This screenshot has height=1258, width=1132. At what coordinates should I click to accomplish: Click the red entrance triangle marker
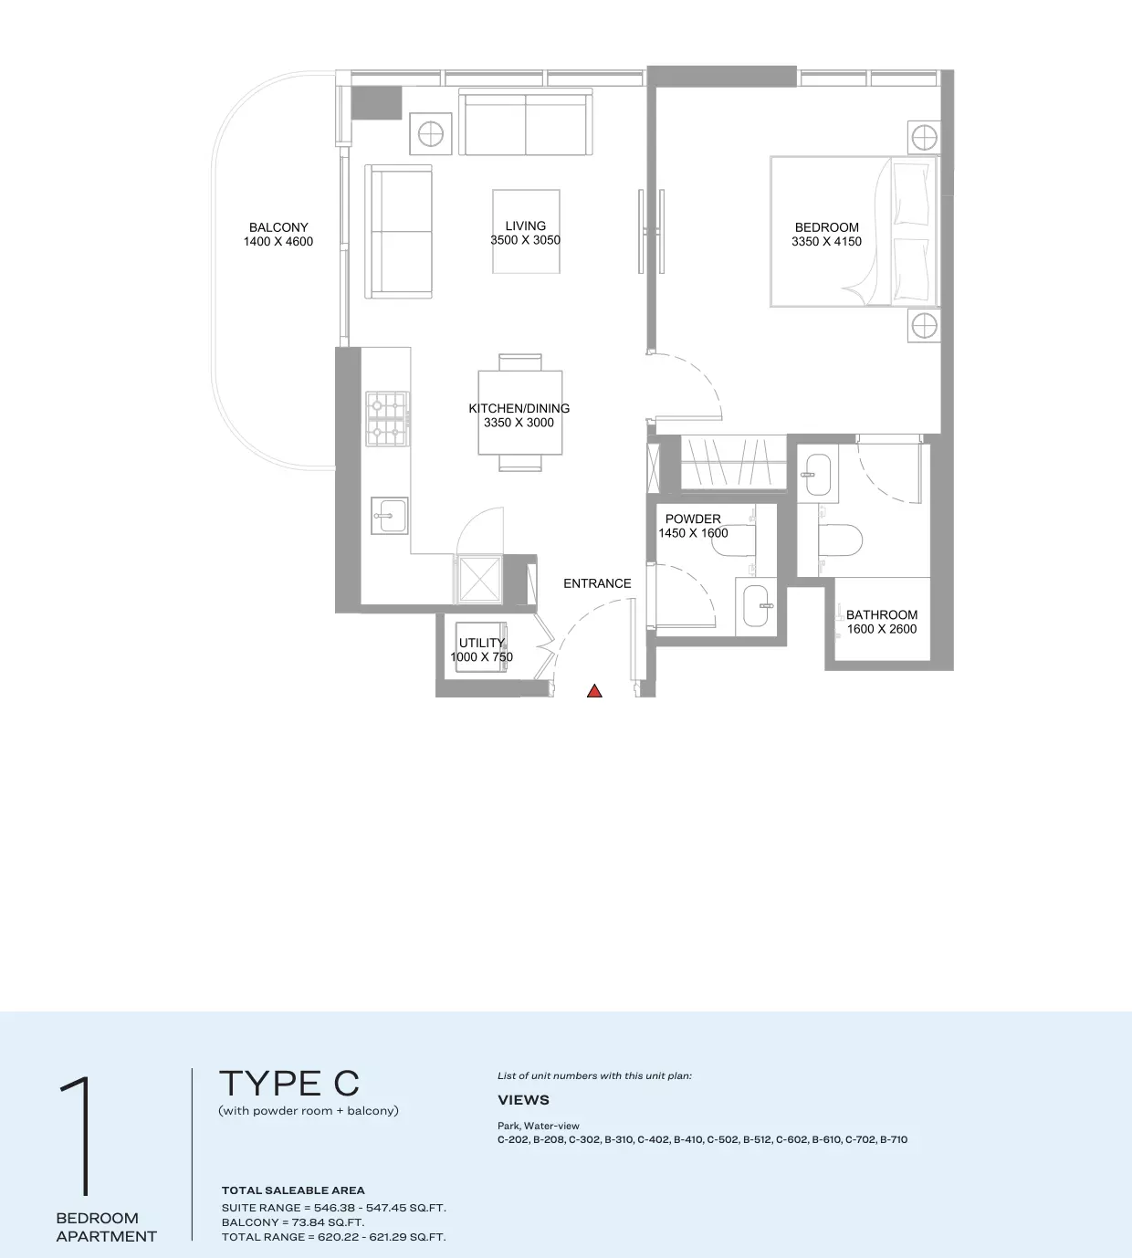(x=594, y=691)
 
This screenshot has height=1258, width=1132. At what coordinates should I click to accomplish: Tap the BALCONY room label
(x=278, y=227)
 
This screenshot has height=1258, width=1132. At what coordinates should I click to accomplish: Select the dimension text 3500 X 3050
(x=526, y=240)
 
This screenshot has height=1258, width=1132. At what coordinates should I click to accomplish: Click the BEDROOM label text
(x=826, y=227)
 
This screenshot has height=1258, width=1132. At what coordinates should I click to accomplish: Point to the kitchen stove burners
(x=388, y=419)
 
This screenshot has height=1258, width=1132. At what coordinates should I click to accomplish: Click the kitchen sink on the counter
(x=390, y=516)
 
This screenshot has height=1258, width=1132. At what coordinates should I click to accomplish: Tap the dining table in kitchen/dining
(x=520, y=413)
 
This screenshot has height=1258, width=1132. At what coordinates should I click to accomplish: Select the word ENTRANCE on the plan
(x=597, y=583)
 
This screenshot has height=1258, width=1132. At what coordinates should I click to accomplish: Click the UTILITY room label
(x=482, y=643)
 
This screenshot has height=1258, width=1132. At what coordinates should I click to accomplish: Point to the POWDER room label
(x=693, y=519)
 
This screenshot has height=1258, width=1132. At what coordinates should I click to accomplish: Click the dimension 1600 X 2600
(x=882, y=629)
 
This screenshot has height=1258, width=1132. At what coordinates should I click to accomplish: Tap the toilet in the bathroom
(x=841, y=540)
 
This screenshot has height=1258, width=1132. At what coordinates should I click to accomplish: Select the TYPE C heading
(x=289, y=1083)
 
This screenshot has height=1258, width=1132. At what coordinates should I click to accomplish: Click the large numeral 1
(x=78, y=1137)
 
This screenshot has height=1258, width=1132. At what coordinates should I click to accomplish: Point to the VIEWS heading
(x=524, y=1100)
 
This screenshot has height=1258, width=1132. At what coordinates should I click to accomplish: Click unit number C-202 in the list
(x=513, y=1139)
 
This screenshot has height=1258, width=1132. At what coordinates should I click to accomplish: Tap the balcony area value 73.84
(x=309, y=1222)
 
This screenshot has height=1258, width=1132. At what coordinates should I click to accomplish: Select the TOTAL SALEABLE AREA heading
(x=293, y=1190)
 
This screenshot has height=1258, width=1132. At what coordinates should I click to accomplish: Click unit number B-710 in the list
(x=894, y=1139)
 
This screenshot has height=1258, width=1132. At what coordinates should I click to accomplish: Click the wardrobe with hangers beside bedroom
(x=734, y=463)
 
